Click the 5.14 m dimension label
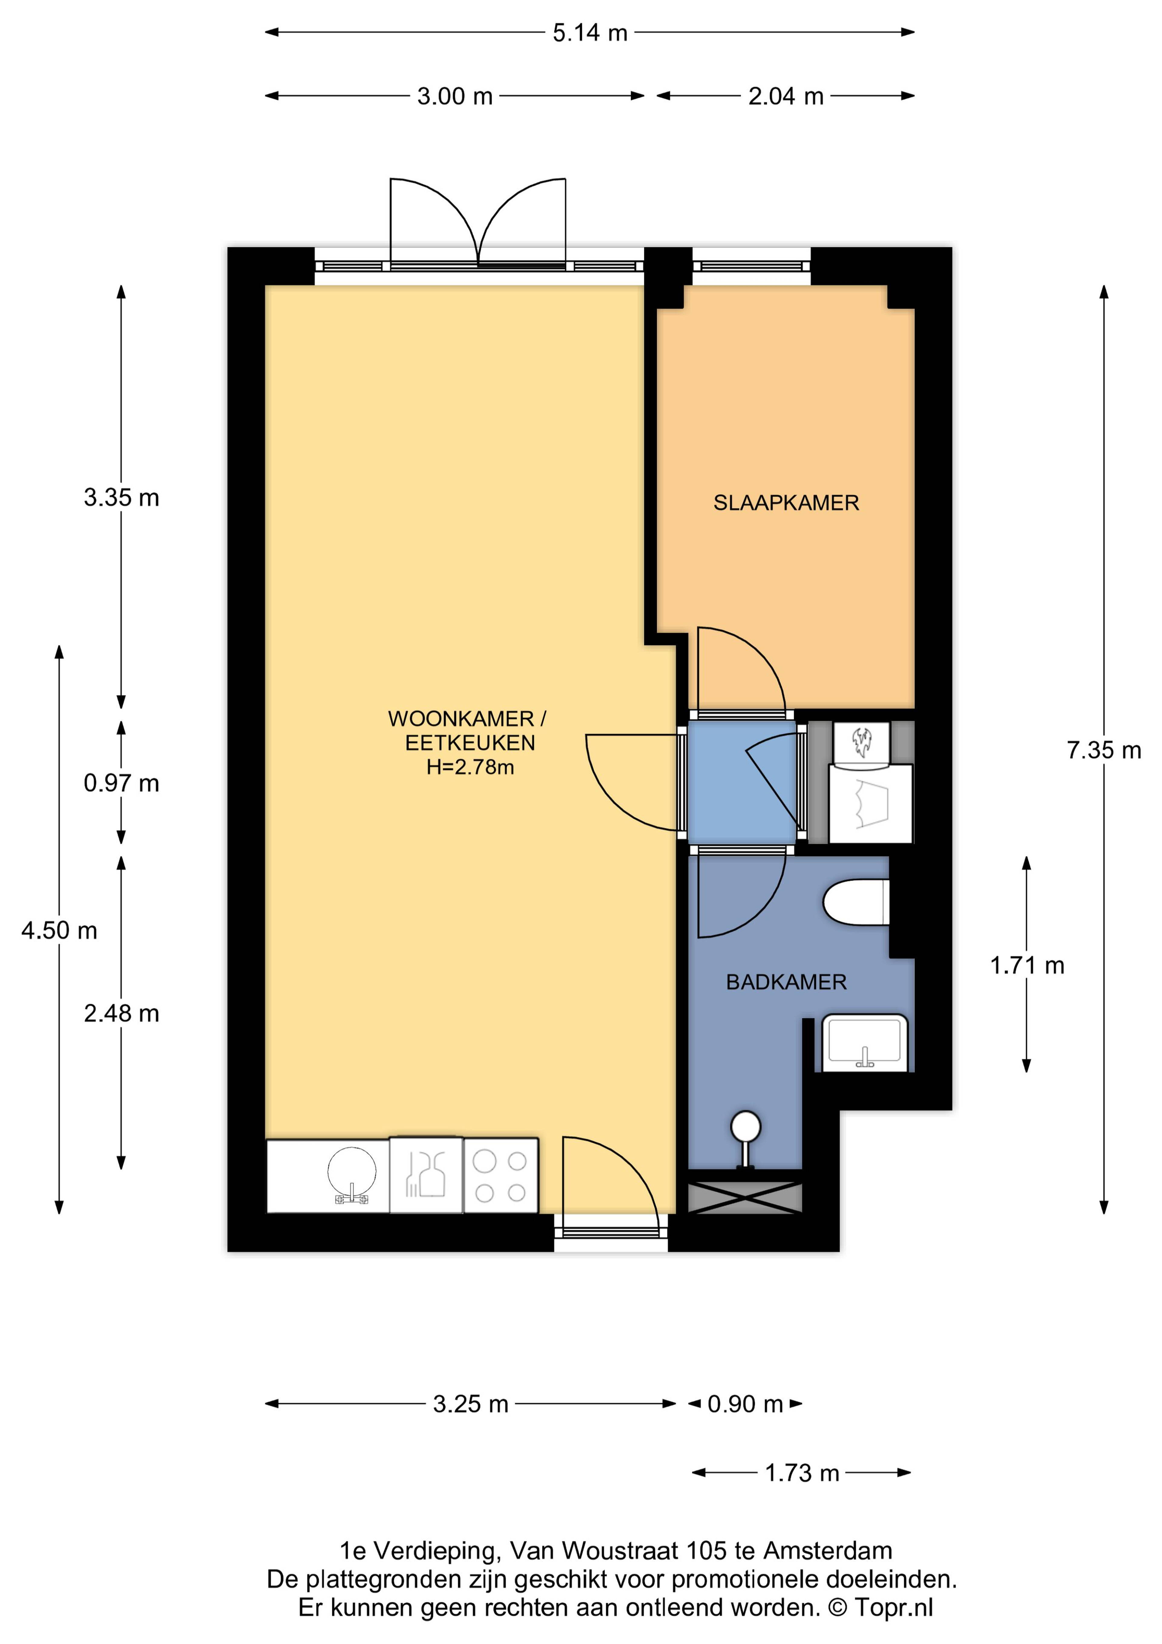pyautogui.click(x=590, y=33)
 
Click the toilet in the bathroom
pyautogui.click(x=856, y=902)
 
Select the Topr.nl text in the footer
pyautogui.click(x=894, y=1607)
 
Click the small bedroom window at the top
pyautogui.click(x=751, y=266)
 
